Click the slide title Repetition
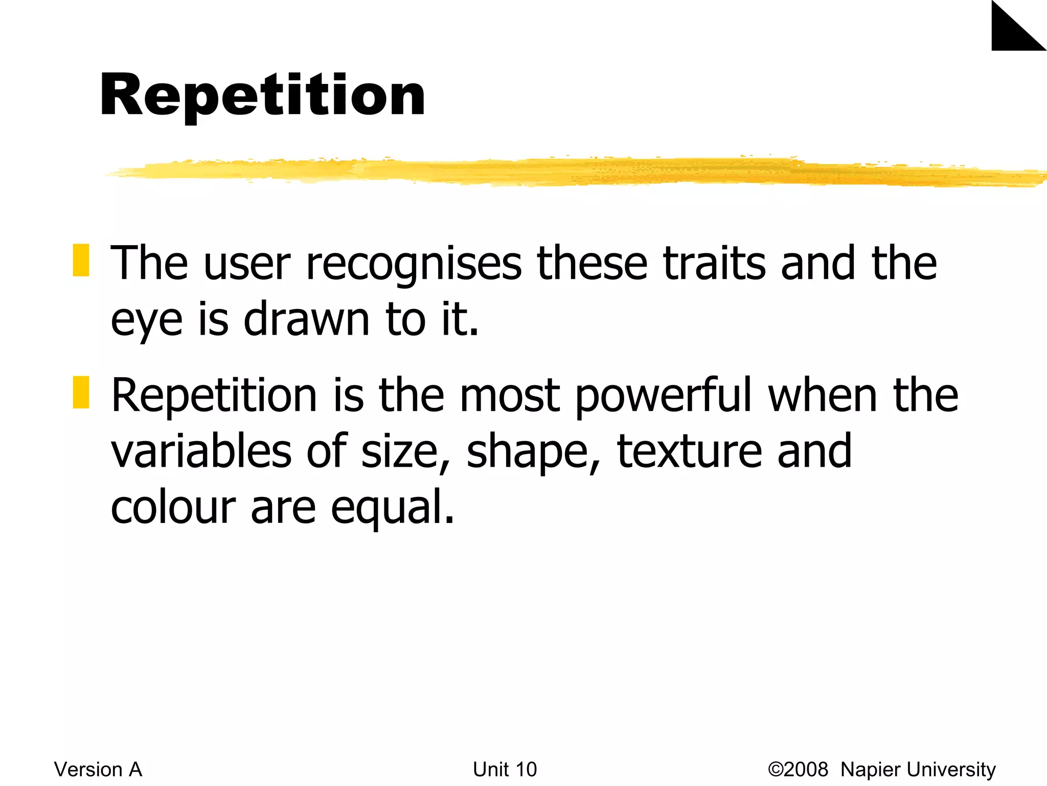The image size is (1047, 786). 262,96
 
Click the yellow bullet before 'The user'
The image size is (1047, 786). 81,260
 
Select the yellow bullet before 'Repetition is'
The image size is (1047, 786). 81,392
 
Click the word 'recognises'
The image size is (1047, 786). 414,265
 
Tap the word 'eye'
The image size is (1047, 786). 146,321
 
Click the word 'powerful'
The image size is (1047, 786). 664,397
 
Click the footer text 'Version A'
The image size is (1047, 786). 98,770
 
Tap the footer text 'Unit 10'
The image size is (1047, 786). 505,770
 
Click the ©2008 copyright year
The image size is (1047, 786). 798,770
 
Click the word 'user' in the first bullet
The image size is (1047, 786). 247,265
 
